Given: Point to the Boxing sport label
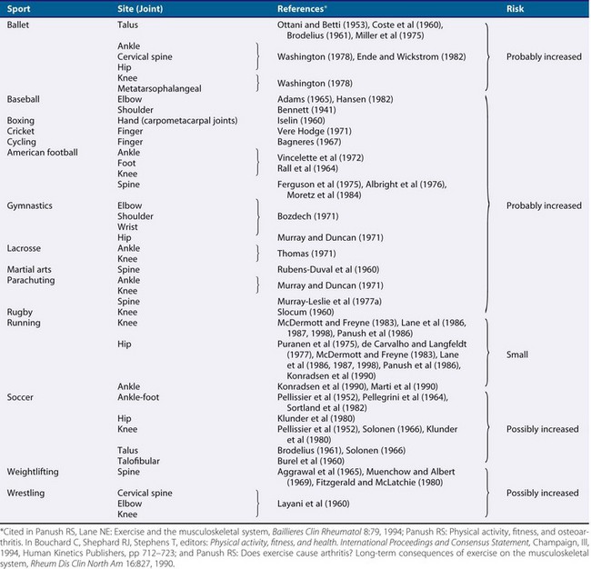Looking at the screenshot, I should [x=21, y=120].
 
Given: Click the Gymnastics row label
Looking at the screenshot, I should [x=30, y=205].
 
